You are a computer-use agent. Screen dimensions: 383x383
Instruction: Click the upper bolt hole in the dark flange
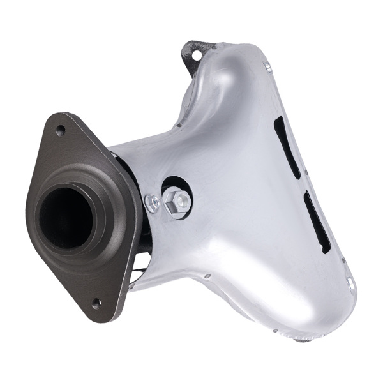(61, 130)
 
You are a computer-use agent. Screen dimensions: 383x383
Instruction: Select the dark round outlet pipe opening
(64, 217)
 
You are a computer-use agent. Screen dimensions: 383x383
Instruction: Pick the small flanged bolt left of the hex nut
(153, 203)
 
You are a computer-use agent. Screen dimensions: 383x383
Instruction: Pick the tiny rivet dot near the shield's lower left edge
(207, 276)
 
